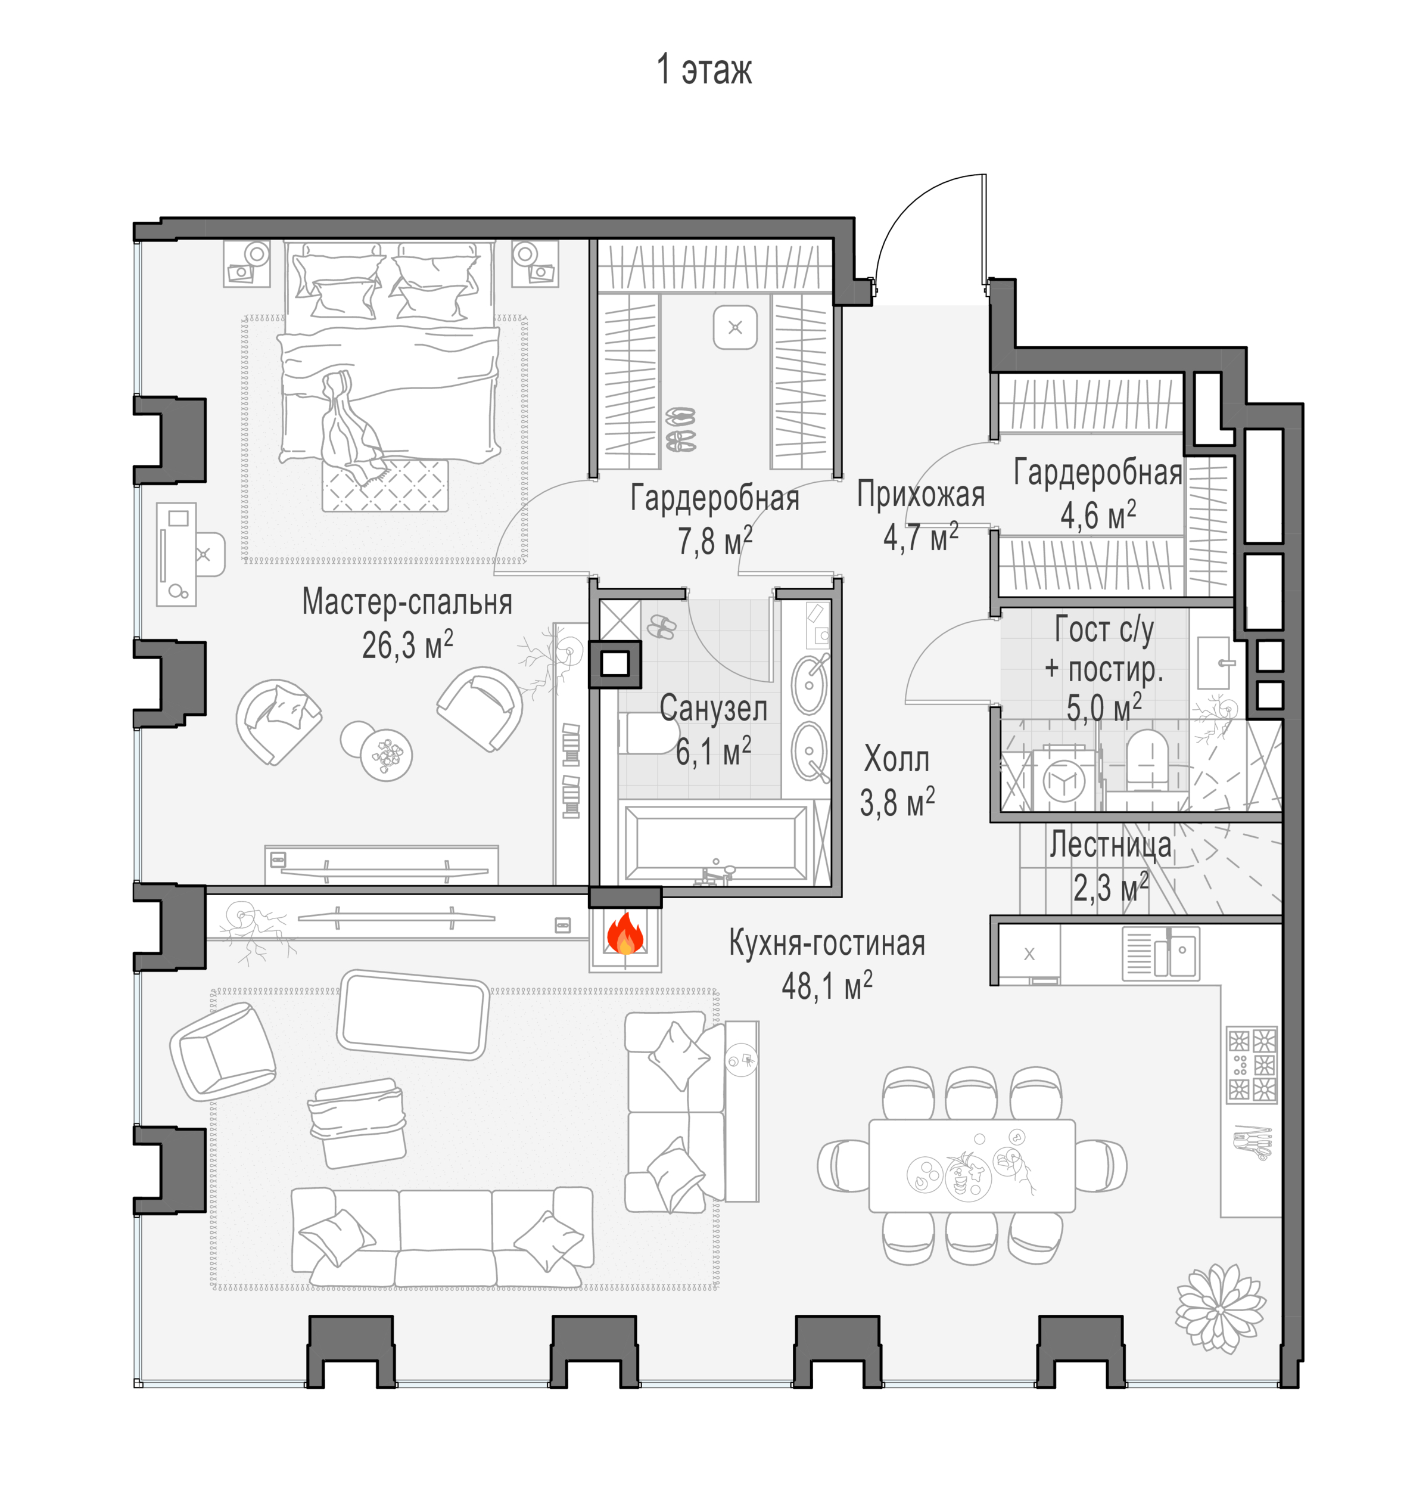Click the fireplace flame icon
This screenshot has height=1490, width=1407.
[625, 934]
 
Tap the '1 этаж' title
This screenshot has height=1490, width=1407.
[704, 70]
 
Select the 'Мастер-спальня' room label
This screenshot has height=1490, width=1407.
[407, 602]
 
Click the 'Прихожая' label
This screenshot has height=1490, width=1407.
[921, 495]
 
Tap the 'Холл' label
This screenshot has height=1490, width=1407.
[897, 759]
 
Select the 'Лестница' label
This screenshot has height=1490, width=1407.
[1110, 845]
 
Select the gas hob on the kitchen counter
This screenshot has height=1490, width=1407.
[1252, 1064]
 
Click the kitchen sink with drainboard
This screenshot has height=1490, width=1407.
[1161, 954]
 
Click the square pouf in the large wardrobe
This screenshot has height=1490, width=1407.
[735, 328]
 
